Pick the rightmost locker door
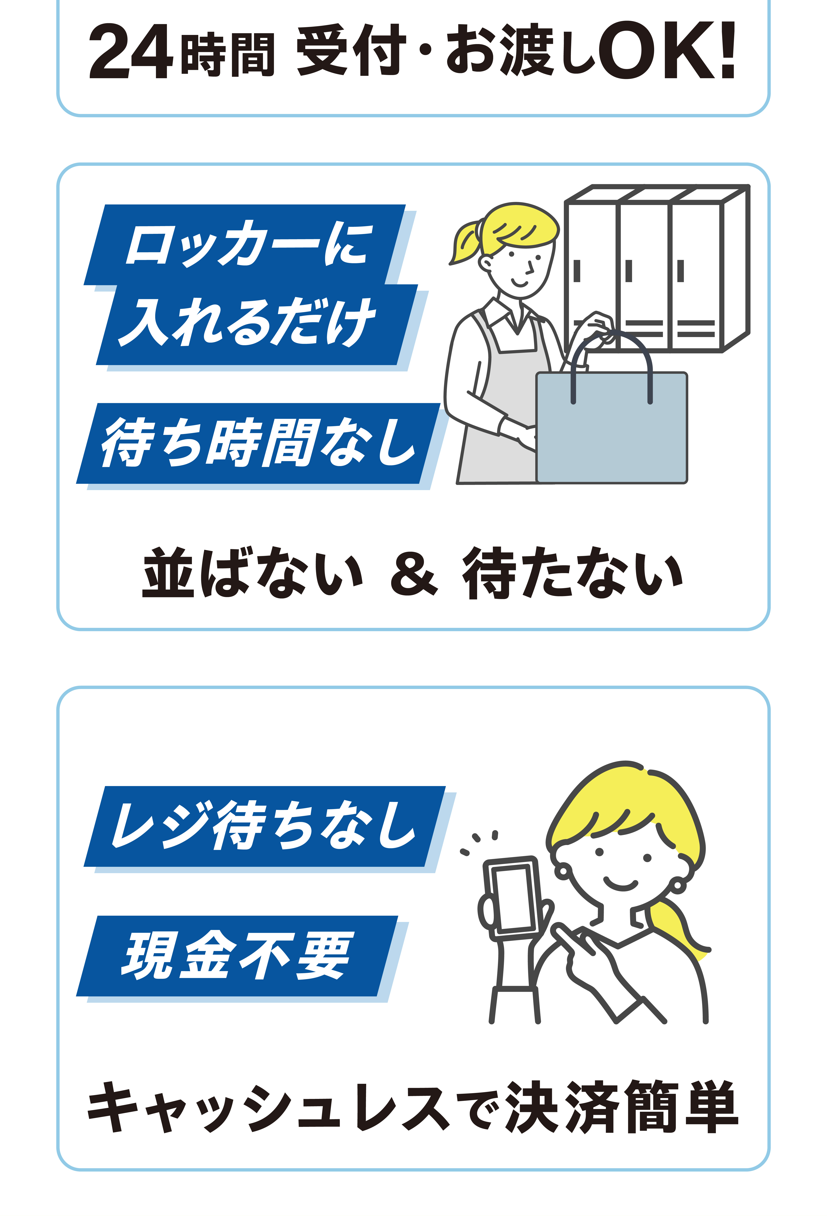(696, 275)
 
